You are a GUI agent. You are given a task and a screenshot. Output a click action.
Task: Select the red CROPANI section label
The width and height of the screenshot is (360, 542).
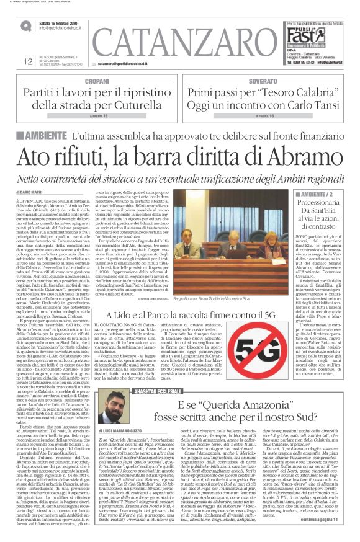point(96,81)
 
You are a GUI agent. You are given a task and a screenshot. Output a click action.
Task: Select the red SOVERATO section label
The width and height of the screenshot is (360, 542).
point(263,81)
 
